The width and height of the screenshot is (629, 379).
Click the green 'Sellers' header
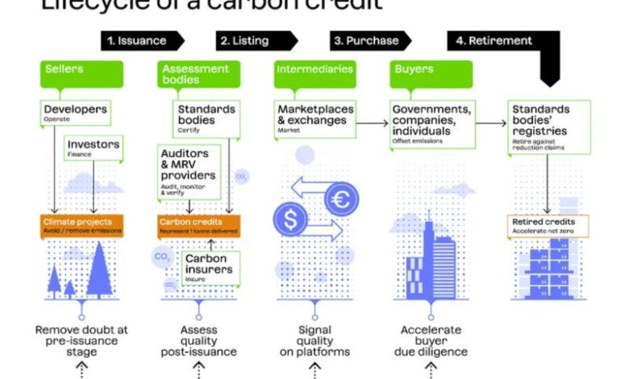point(81,72)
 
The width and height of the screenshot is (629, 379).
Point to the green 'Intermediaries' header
point(314,70)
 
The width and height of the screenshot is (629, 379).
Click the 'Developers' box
point(74,112)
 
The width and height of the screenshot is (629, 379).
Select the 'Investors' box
point(94,147)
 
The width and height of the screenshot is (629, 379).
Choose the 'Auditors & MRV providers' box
point(190,169)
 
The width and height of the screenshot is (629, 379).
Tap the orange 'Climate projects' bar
point(81,225)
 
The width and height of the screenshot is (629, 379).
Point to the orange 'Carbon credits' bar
point(198,225)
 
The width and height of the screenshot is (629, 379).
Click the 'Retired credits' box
point(548,225)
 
